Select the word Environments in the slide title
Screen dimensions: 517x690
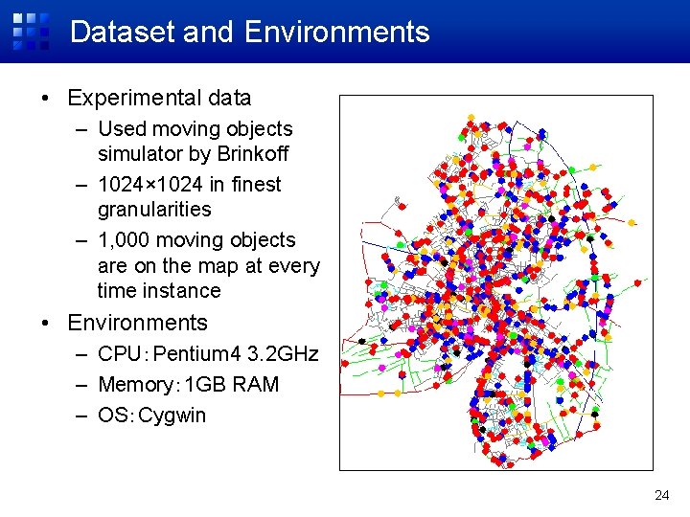tap(336, 32)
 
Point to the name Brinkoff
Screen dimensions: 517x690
tap(252, 154)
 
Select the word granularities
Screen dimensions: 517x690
tap(154, 209)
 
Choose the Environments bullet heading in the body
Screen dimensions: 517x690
tap(137, 323)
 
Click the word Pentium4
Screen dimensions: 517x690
tap(197, 354)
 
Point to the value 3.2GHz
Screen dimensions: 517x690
tap(283, 354)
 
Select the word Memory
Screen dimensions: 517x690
tap(138, 385)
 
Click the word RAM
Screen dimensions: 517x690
tap(258, 385)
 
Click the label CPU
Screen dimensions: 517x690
tap(121, 354)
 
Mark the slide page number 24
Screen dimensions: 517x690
tap(661, 495)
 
